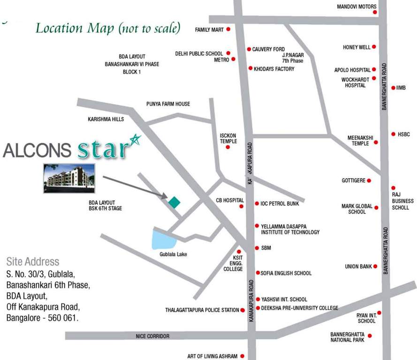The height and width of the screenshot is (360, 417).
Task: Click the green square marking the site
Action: pos(174,202)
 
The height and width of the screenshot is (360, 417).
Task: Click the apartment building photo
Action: pos(69,178)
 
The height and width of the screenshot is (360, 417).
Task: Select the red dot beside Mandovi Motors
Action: pos(375,12)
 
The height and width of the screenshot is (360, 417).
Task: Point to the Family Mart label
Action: pos(209,30)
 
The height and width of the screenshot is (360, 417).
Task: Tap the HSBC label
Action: pos(403,134)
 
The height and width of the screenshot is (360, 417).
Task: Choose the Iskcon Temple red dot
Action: pos(228,147)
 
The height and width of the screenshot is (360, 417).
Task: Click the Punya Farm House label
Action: pos(168,104)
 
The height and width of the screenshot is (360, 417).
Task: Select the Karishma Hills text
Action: pos(106,120)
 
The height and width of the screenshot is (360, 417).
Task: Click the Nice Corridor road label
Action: pos(152,336)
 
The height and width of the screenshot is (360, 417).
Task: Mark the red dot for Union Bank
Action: pos(375,266)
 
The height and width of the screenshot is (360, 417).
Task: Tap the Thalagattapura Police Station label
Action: pos(202,310)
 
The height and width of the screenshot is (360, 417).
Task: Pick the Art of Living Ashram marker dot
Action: pos(243,356)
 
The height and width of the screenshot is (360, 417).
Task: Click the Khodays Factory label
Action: pos(274,69)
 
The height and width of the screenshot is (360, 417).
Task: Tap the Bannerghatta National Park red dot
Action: pos(370,336)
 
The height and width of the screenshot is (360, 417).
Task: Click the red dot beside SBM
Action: pos(257,248)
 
